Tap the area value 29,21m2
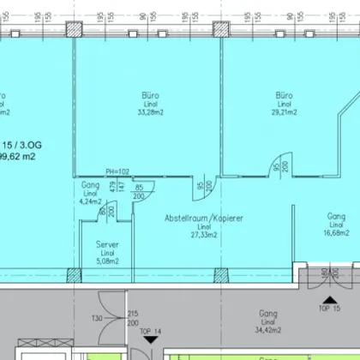click(x=285, y=111)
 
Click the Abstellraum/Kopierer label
click(x=205, y=219)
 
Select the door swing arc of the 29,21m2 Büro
click(x=275, y=162)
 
